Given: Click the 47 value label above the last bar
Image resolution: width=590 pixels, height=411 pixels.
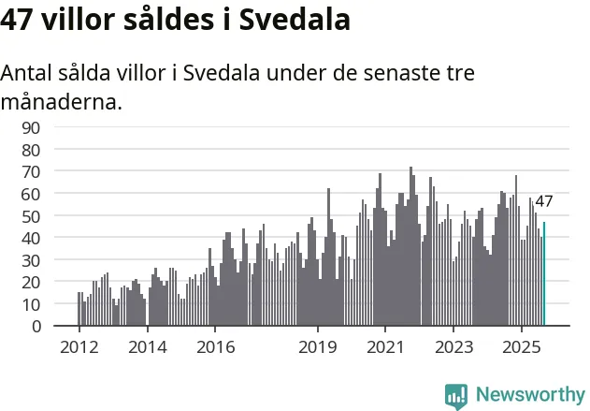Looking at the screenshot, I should [544, 201].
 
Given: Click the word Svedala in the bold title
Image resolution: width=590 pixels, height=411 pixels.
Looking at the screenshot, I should [295, 19].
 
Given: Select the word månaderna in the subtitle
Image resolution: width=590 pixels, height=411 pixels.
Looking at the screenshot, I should [62, 101].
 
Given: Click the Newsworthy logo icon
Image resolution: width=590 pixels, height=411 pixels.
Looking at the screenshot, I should [456, 395].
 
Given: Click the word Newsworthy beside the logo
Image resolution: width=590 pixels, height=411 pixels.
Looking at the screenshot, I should [529, 395].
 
